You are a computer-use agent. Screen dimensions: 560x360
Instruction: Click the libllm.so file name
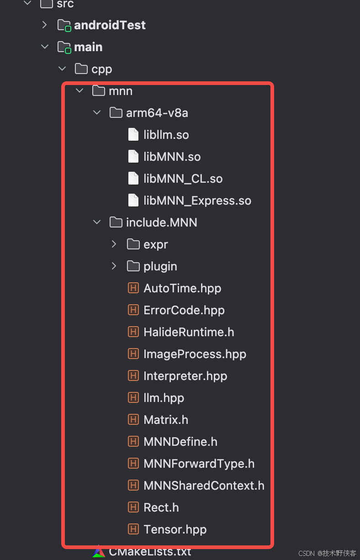(x=166, y=135)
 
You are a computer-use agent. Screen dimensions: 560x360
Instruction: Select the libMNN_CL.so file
(x=183, y=179)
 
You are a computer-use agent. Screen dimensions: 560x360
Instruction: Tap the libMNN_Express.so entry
(x=197, y=201)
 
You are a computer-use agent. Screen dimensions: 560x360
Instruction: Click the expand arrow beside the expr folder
(x=114, y=244)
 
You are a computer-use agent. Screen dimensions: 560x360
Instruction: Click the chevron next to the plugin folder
(x=114, y=266)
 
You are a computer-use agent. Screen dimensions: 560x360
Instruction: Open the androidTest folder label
(x=110, y=25)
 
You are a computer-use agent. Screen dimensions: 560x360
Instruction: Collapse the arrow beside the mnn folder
(x=79, y=91)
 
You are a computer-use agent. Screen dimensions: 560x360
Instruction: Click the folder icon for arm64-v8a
(x=116, y=113)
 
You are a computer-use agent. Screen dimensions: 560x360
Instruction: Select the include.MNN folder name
(x=161, y=222)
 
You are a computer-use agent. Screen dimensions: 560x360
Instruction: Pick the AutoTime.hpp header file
(x=182, y=288)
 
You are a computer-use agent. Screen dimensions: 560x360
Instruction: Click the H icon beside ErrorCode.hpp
(x=133, y=310)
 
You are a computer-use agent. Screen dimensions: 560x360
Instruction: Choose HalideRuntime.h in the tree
(x=188, y=332)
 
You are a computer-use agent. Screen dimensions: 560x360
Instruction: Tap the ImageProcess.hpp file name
(x=195, y=354)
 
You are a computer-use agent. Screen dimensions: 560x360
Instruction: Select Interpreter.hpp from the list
(x=185, y=376)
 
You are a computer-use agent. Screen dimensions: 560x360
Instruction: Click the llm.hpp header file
(x=164, y=398)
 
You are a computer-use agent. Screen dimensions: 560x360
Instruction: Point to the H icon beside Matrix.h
(x=133, y=420)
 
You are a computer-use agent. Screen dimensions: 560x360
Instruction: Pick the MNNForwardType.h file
(x=199, y=464)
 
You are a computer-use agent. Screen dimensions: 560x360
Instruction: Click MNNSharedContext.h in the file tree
(x=204, y=486)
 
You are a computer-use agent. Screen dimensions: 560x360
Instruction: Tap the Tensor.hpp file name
(x=175, y=529)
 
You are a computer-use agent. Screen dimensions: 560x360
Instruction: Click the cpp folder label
(x=101, y=69)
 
